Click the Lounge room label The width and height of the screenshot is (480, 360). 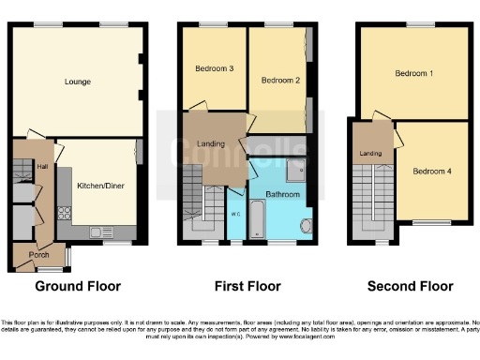pos(78,82)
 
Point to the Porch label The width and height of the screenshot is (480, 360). pos(39,254)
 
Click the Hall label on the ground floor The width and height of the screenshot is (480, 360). pos(42,167)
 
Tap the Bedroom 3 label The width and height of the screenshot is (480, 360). pos(214,68)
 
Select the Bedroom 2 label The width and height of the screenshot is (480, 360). pos(279,81)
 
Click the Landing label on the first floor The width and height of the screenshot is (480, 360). pos(212,143)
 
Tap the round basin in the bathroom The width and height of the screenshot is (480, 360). pos(306,225)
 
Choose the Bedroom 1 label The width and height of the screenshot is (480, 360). pos(412,73)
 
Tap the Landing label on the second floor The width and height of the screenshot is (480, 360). pos(370,153)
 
